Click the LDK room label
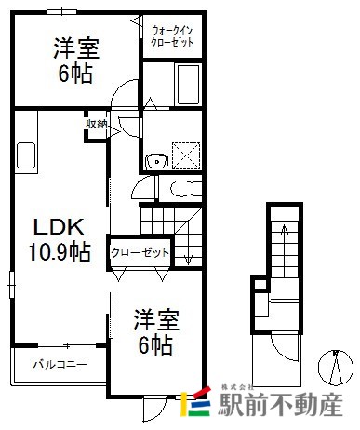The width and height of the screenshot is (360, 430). (x=59, y=227)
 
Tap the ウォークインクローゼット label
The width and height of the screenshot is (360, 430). (x=172, y=36)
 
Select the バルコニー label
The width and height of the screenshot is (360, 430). (x=60, y=364)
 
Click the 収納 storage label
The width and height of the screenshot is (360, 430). (x=97, y=124)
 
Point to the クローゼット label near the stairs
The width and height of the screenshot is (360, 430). (x=140, y=252)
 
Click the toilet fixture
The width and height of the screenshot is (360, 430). (x=185, y=189)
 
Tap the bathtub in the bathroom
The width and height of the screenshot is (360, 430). (x=188, y=84)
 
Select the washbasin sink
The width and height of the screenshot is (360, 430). (x=156, y=161)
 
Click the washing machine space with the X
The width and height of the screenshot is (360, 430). (x=186, y=155)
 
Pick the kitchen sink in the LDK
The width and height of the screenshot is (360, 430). (x=26, y=155)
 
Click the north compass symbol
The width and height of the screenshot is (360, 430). (x=336, y=368)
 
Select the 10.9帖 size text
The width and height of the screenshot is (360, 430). (x=60, y=251)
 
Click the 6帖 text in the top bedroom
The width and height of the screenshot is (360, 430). (x=75, y=74)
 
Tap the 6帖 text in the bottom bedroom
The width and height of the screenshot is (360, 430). (x=155, y=345)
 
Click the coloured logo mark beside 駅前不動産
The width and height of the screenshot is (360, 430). (x=195, y=401)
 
